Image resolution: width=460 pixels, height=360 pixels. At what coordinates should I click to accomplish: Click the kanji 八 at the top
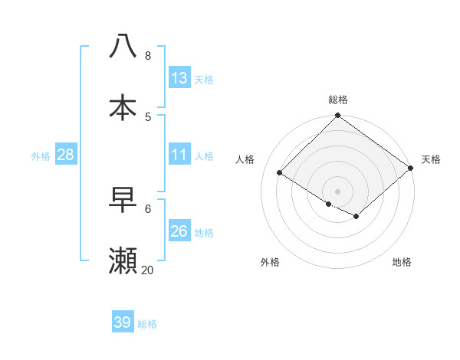tap(123, 46)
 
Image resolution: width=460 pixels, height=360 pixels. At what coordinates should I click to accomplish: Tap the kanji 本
tap(123, 107)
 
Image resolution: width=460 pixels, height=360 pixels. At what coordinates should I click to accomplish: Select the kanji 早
tap(123, 201)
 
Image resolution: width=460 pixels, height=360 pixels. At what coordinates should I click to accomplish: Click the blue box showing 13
tap(179, 78)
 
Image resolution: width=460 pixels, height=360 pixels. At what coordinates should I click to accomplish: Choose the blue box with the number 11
tap(179, 155)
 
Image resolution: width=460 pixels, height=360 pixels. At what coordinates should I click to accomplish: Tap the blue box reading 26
tap(179, 231)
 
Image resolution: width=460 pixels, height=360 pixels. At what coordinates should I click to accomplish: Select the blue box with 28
tap(66, 155)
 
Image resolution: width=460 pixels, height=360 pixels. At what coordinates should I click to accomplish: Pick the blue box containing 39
tap(123, 322)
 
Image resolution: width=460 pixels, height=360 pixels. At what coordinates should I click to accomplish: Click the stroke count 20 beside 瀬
tap(147, 270)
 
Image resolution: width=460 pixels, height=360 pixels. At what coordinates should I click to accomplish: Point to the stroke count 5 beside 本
tap(148, 116)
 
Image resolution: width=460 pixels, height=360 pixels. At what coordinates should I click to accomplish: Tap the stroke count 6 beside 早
tap(148, 208)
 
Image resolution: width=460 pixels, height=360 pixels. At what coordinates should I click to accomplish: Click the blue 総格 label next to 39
tap(147, 324)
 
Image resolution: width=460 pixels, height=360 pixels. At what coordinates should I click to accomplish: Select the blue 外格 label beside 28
tap(41, 156)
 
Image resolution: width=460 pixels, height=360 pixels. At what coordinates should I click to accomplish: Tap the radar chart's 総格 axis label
tap(338, 100)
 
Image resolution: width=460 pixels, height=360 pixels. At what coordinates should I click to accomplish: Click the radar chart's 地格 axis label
tap(402, 263)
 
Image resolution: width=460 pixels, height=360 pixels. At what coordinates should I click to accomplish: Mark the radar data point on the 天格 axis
tap(411, 169)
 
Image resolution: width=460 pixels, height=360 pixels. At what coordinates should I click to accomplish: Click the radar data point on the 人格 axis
tap(280, 173)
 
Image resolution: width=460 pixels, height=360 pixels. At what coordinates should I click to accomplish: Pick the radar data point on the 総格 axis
tap(338, 116)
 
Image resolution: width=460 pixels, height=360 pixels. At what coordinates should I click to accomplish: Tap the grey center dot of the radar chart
tap(338, 191)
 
